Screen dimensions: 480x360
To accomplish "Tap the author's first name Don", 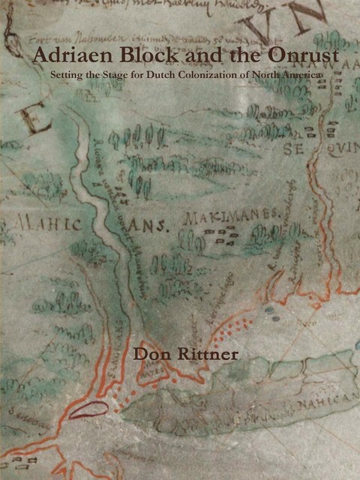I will (149, 352).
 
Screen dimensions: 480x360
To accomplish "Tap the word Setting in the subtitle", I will (66, 75).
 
